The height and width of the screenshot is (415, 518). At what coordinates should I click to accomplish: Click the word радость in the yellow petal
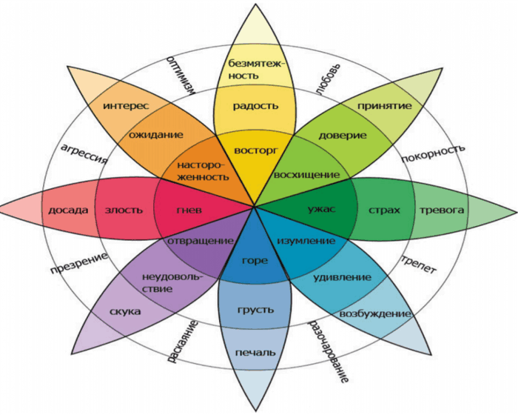point(256,106)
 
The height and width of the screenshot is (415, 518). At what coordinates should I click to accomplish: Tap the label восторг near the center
point(256,150)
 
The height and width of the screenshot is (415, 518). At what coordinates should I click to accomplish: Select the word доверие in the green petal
point(343,136)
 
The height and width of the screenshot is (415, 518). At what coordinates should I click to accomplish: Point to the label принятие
point(385,106)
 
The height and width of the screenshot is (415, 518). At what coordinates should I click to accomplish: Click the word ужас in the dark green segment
point(321,209)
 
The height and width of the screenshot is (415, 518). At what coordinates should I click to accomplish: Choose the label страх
point(384,210)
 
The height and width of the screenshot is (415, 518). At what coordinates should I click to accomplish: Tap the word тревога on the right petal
point(441,210)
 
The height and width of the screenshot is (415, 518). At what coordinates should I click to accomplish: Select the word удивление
point(342,277)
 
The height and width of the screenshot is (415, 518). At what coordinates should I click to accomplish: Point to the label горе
point(255,261)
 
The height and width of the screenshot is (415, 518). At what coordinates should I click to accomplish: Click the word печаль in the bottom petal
point(255,353)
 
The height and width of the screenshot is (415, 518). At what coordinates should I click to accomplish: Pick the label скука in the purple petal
point(125,312)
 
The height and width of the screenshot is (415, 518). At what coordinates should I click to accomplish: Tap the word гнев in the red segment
point(189,210)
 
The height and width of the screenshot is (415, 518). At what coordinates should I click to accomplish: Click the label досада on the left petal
point(68,210)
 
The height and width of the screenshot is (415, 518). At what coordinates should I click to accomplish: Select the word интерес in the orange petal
point(126,106)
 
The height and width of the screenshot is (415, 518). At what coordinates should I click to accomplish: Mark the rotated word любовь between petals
point(328,79)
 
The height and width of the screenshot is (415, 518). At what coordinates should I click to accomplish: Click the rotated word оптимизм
point(181,76)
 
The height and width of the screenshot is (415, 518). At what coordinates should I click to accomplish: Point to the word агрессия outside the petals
point(84,154)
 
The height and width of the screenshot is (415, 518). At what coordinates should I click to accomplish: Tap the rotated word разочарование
point(329,351)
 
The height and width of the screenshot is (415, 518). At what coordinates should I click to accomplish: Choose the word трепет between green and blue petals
point(419,264)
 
